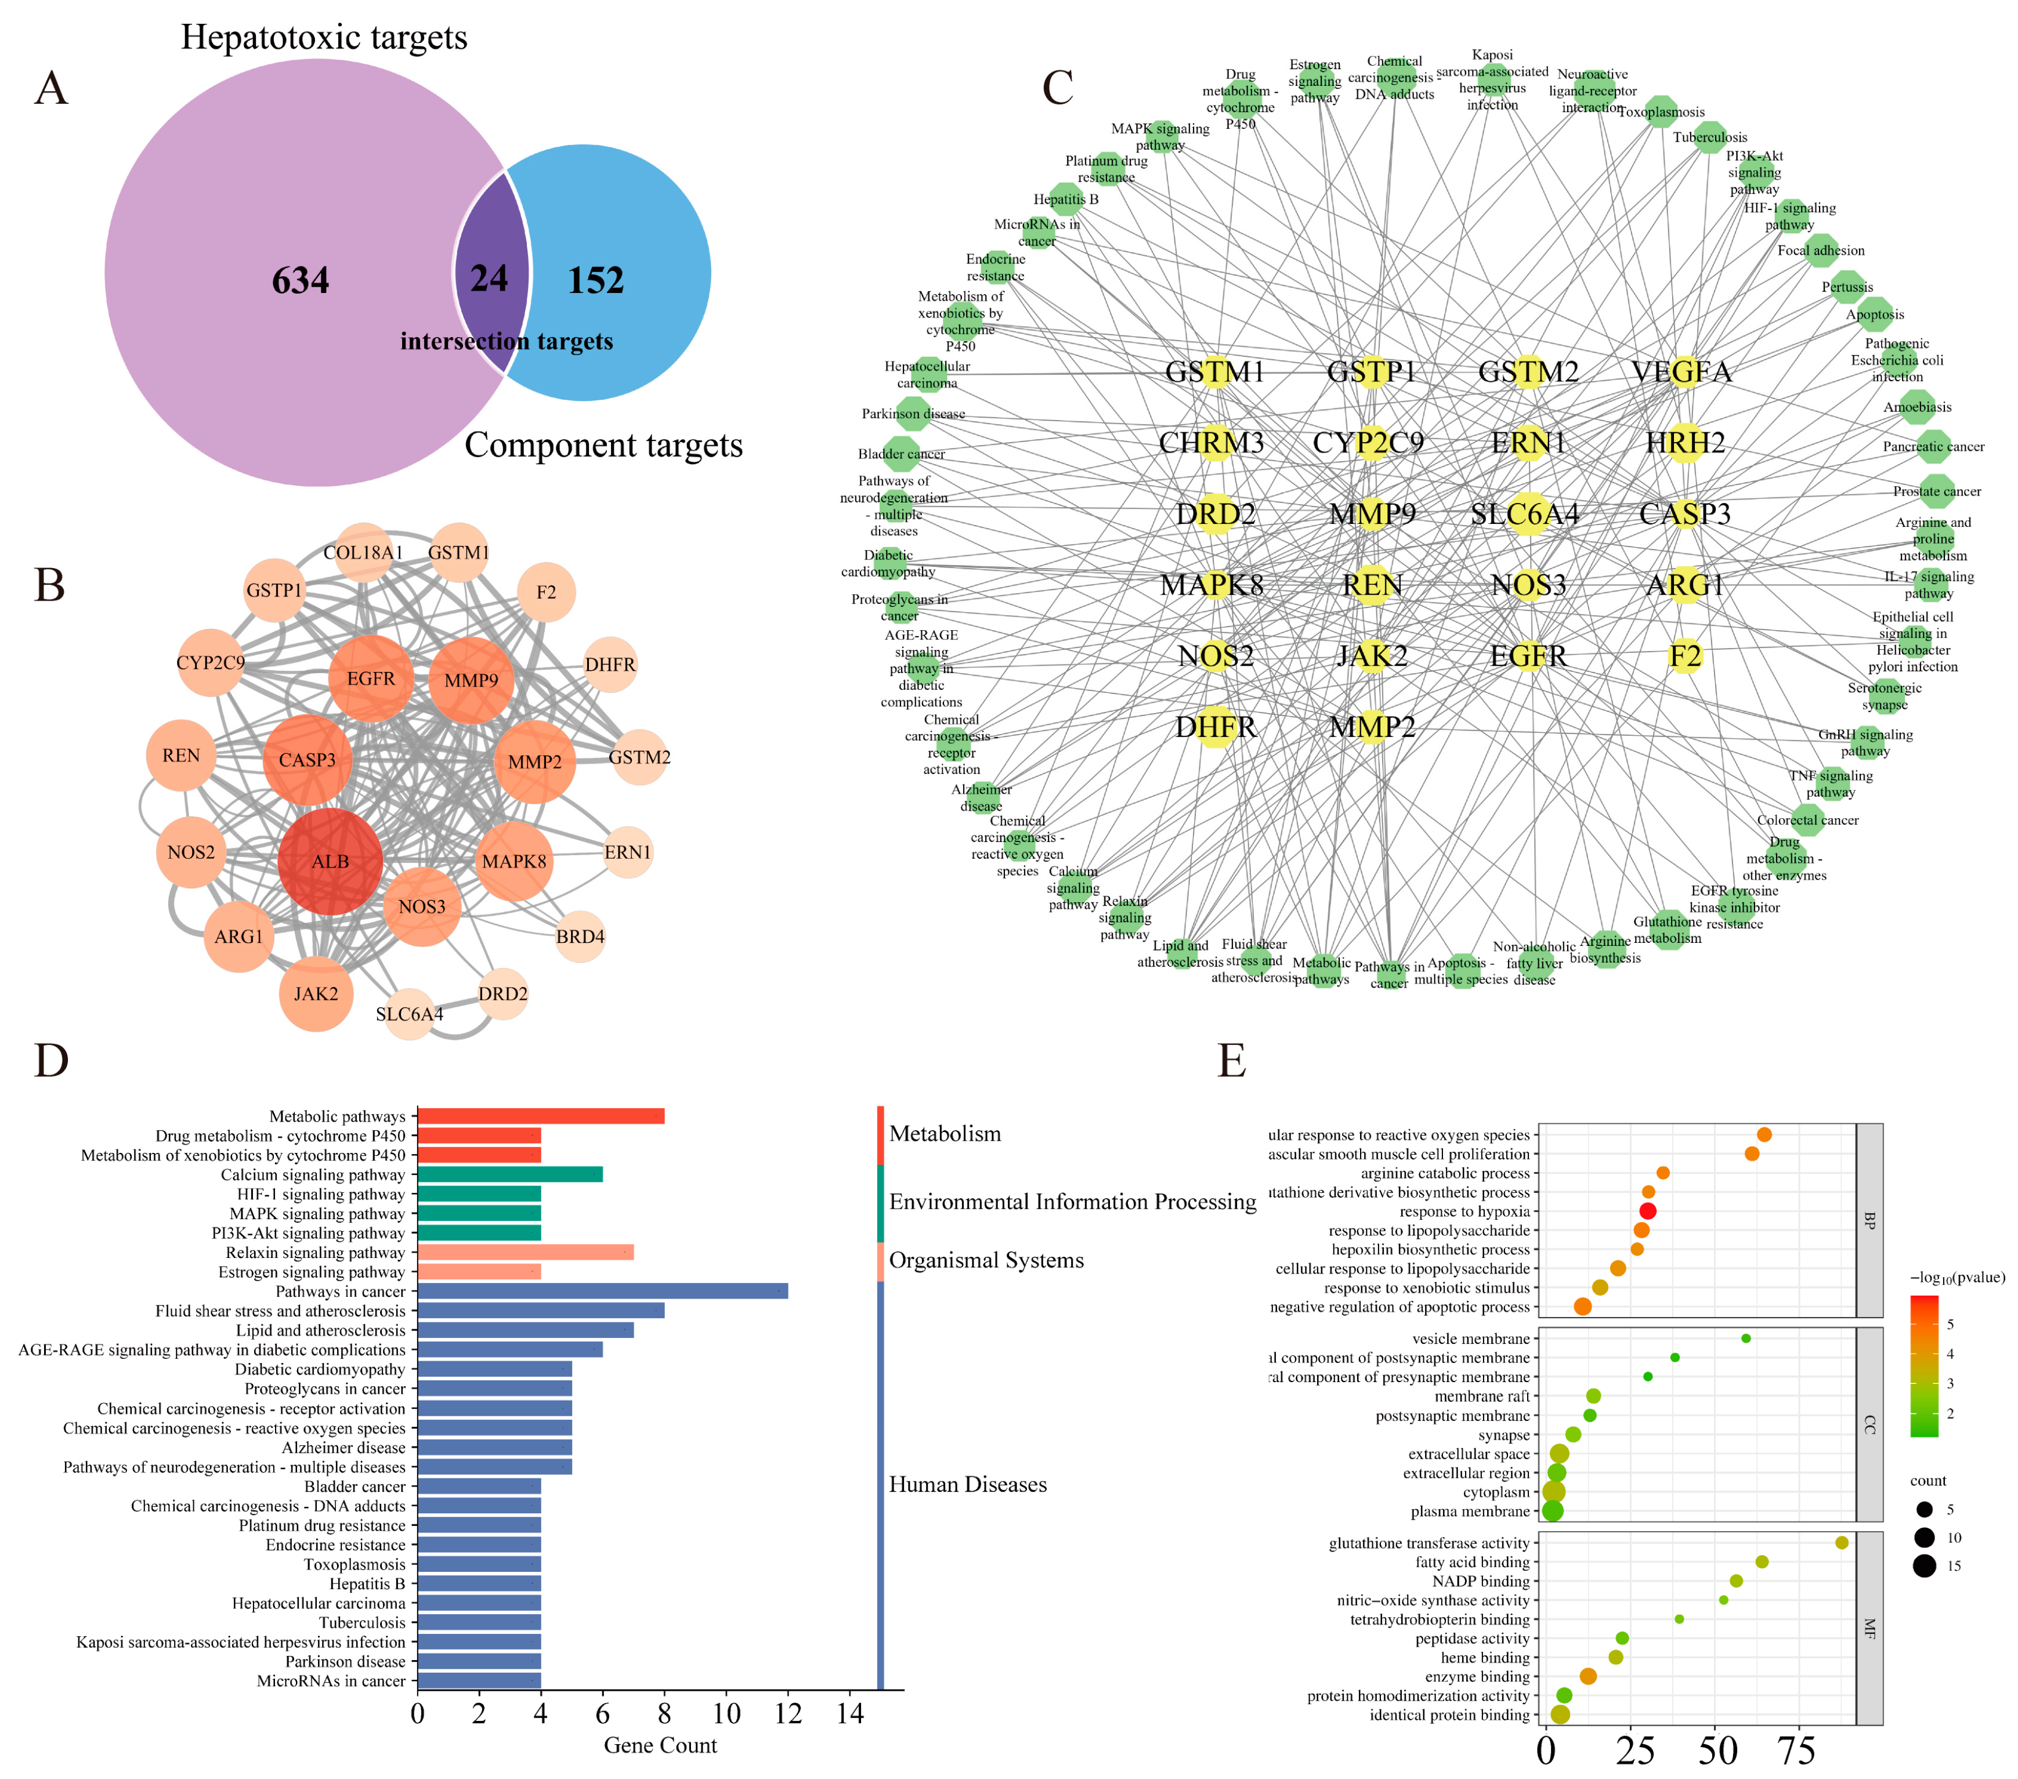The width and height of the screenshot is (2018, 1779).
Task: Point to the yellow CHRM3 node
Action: pyautogui.click(x=1214, y=443)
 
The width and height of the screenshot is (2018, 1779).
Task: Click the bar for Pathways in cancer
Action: pyautogui.click(x=602, y=1291)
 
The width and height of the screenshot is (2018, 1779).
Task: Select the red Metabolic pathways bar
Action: pyautogui.click(x=540, y=1116)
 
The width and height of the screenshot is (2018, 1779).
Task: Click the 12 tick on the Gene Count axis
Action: pyautogui.click(x=788, y=1713)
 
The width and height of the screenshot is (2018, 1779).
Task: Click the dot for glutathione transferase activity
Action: pyautogui.click(x=1841, y=1543)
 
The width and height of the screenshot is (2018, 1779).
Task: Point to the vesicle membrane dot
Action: pyautogui.click(x=1745, y=1339)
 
